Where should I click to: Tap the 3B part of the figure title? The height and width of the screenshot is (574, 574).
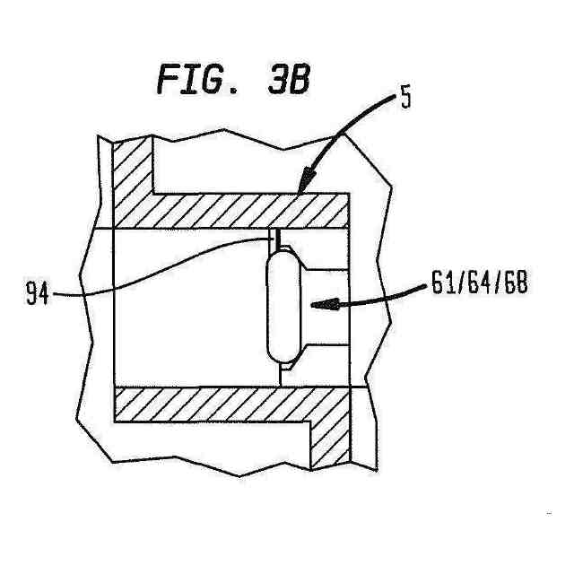pos(288,80)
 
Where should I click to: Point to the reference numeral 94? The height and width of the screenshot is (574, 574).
pos(37,293)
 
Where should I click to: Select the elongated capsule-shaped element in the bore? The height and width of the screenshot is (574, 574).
pos(281,305)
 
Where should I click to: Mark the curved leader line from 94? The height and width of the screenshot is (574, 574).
pos(161,269)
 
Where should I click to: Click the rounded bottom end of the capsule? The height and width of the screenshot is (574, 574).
pos(281,354)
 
